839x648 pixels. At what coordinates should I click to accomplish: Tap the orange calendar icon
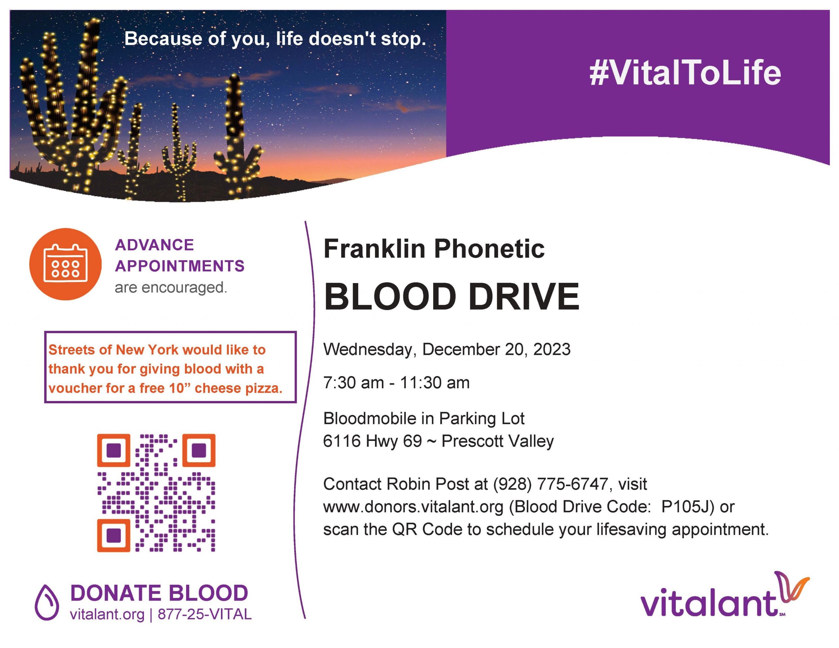(65, 264)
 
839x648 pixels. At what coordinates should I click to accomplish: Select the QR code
(156, 493)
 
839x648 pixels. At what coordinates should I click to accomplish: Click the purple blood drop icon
(47, 602)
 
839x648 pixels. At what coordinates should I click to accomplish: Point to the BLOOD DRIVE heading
(451, 296)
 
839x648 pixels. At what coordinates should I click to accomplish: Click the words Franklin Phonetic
(434, 249)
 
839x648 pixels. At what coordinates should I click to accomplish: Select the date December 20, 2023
(496, 350)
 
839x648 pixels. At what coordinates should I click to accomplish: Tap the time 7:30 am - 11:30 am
(397, 383)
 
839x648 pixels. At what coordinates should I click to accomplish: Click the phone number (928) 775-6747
(551, 484)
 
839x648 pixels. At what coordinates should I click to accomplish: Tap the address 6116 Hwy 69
(372, 441)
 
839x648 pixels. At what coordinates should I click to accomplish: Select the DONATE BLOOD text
(159, 593)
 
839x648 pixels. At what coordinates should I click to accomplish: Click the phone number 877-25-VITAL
(205, 614)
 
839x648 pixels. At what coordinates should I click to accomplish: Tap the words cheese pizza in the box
(238, 388)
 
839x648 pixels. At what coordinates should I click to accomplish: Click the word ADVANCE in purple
(154, 245)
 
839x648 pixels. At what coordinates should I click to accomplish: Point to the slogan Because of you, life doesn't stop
(275, 39)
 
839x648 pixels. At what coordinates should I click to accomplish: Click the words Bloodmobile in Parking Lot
(424, 418)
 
